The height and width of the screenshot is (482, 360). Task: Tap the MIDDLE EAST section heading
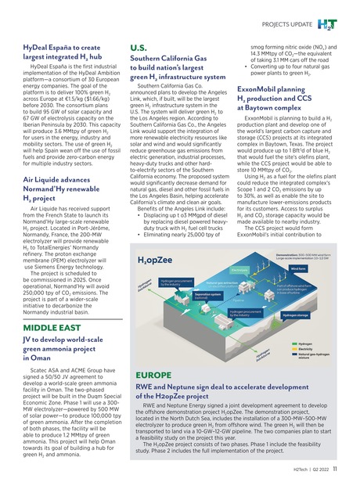49,349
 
